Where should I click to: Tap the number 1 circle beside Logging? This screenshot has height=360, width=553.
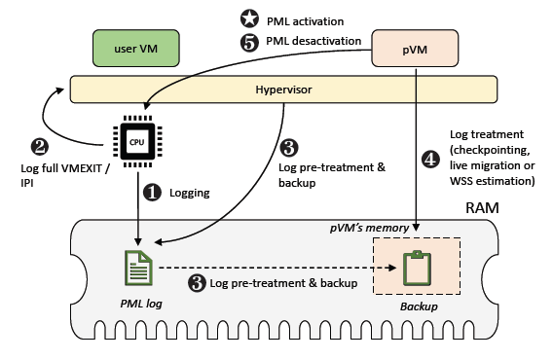point(153,193)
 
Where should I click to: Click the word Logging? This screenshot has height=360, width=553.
point(190,193)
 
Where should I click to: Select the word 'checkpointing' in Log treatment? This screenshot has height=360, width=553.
point(496,150)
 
